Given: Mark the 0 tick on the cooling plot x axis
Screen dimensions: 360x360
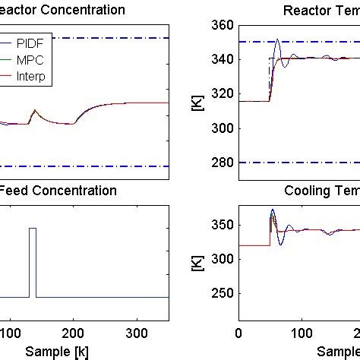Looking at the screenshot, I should pyautogui.click(x=239, y=333).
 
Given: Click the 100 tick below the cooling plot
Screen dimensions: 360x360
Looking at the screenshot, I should pyautogui.click(x=302, y=333).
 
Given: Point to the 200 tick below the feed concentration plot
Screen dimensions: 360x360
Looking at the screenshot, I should pyautogui.click(x=73, y=333).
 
